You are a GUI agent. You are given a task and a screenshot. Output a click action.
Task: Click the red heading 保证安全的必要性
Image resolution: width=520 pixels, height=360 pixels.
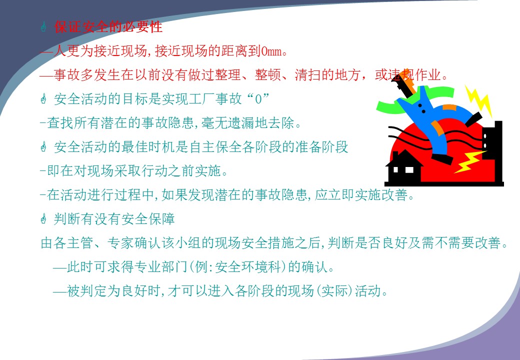108,27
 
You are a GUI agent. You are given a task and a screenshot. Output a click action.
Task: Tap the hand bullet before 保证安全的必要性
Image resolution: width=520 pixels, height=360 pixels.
43,27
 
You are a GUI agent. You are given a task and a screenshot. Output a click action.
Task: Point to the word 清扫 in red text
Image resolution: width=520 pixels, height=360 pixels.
308,75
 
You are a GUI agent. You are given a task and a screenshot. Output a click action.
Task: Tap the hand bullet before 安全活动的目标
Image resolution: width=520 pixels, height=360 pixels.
43,99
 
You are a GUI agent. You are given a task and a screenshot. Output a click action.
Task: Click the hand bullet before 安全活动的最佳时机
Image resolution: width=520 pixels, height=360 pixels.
43,146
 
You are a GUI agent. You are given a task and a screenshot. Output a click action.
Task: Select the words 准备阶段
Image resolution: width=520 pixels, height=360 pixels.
321,147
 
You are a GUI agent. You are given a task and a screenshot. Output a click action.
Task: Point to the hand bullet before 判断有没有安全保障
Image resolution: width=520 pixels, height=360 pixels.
43,218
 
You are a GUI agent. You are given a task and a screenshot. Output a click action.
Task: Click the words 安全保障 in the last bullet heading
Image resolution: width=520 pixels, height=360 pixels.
148,219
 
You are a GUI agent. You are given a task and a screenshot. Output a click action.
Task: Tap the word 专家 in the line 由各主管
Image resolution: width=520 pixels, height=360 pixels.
120,243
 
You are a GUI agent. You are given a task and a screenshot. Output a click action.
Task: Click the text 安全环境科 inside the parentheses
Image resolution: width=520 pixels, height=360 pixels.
248,267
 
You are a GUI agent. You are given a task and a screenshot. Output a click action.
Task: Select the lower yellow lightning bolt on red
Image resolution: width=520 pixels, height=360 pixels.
469,162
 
